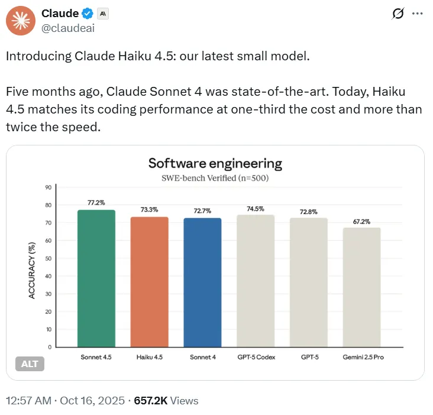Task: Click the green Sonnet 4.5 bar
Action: [96, 278]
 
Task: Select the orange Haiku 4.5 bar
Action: [149, 282]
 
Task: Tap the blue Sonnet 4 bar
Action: [202, 283]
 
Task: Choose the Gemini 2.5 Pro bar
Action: [361, 287]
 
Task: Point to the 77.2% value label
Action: [96, 203]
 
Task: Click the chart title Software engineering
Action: [215, 164]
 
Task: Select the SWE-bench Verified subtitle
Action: [215, 178]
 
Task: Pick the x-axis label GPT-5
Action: [308, 358]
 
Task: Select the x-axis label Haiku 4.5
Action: [149, 358]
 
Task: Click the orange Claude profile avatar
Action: [20, 21]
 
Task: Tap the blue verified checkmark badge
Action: [87, 14]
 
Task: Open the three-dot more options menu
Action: [417, 13]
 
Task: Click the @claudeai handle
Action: [68, 27]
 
